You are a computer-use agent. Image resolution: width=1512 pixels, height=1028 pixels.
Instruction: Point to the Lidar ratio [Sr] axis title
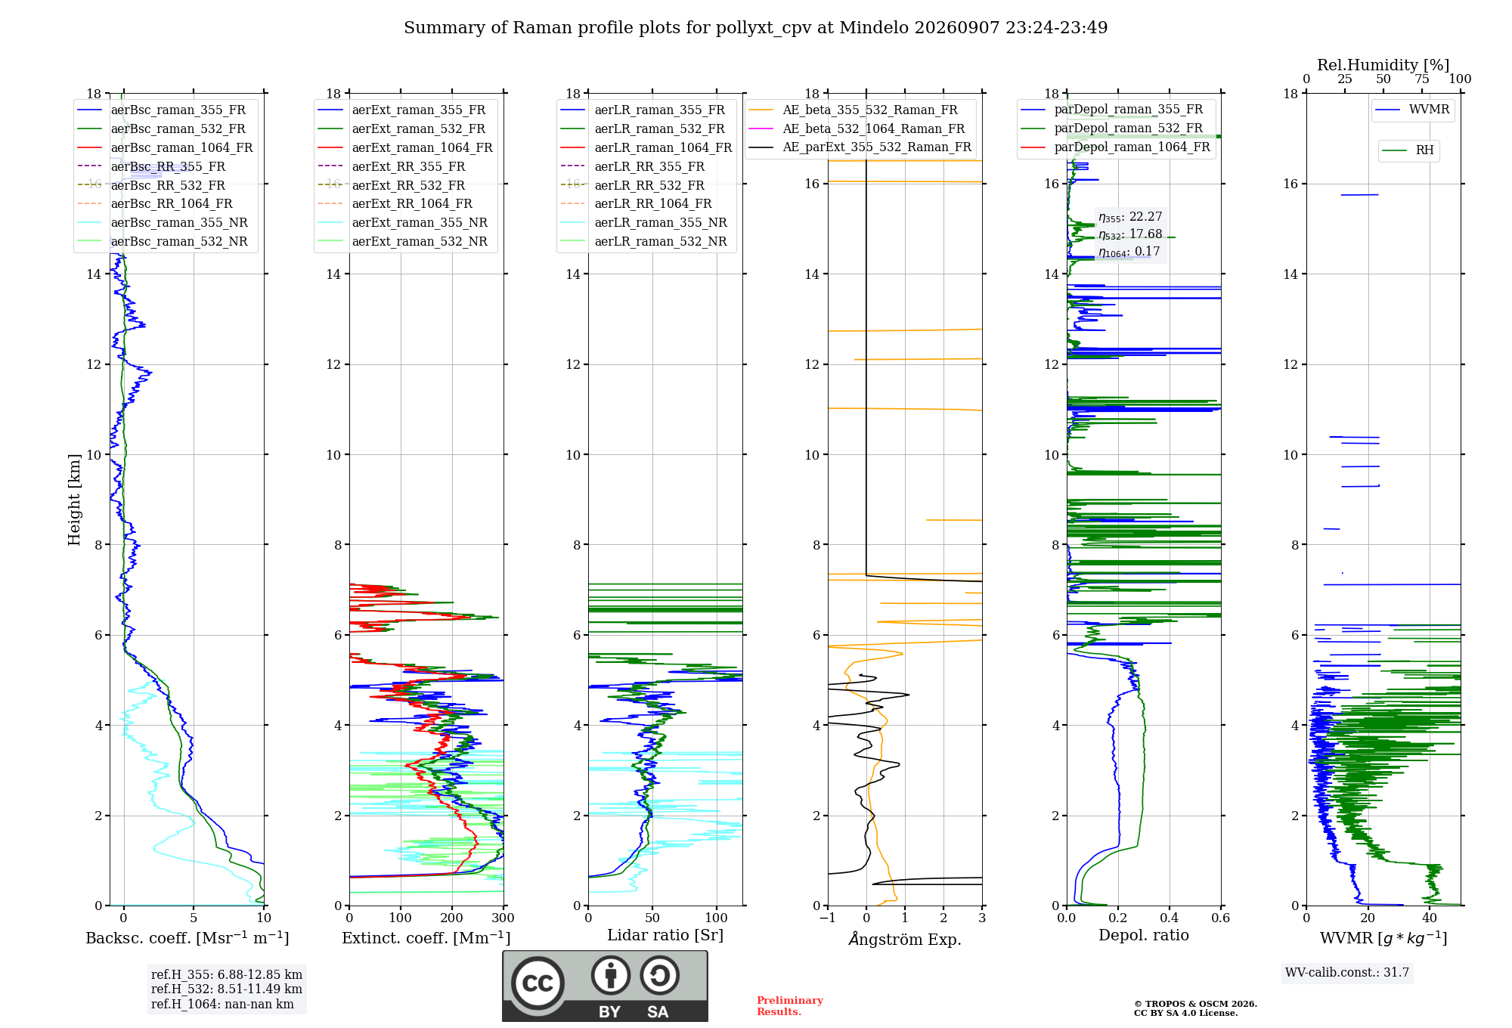pyautogui.click(x=665, y=936)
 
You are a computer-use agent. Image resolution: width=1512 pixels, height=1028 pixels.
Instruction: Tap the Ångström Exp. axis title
pyautogui.click(x=905, y=939)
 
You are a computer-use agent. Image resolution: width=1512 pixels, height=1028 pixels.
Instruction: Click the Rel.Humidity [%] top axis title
pyautogui.click(x=1383, y=65)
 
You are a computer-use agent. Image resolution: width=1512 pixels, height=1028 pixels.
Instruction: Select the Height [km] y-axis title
pyautogui.click(x=74, y=500)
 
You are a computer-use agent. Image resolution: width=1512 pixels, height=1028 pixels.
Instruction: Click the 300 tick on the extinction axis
pyautogui.click(x=503, y=918)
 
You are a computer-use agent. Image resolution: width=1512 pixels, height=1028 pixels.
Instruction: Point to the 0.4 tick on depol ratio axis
pyautogui.click(x=1170, y=918)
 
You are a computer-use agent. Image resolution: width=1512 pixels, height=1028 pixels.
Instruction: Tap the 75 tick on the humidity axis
pyautogui.click(x=1422, y=79)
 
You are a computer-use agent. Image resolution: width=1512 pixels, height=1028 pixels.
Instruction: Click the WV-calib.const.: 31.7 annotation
pyautogui.click(x=1347, y=973)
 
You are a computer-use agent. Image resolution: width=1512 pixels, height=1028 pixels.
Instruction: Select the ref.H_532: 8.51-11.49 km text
pyautogui.click(x=227, y=989)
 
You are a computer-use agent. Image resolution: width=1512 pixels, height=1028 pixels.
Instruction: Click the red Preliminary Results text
pyautogui.click(x=790, y=1006)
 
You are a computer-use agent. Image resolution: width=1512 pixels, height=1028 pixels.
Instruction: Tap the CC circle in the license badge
pyautogui.click(x=538, y=983)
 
